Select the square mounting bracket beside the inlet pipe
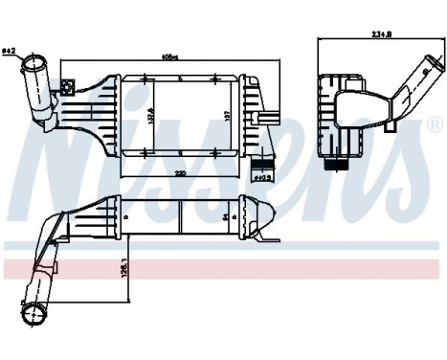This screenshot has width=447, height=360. point(67,89)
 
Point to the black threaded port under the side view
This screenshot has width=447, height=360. point(335,165)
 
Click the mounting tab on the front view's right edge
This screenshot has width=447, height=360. point(272,119)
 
